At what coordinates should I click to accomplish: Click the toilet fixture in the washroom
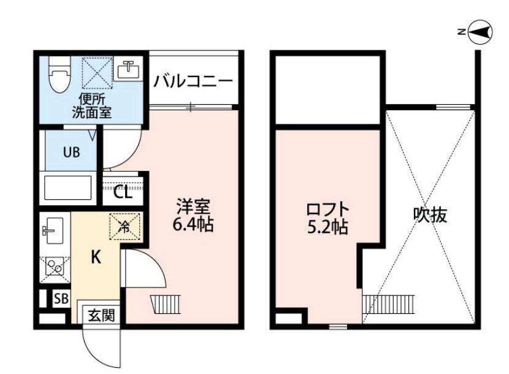pos(59,75)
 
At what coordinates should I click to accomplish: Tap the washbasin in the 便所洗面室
pos(129,69)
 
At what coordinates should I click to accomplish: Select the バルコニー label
pos(193,82)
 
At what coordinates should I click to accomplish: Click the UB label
pos(71,151)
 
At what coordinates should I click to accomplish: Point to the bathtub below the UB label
pos(67,188)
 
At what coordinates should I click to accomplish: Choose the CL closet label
pos(123,193)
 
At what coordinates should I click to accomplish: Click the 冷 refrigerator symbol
pos(124,227)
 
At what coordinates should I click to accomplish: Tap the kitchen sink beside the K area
pos(53,231)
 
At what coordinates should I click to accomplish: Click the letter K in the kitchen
pos(96,258)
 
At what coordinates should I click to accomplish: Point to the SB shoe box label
pos(61,299)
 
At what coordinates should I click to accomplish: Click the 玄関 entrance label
pos(102,315)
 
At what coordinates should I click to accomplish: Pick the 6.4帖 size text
pos(193,224)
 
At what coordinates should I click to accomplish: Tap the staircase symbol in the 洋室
pos(166,304)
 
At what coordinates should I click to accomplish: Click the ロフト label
pos(327,210)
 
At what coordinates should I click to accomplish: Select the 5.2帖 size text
pos(327,227)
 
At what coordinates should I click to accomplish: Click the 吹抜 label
pos(430,215)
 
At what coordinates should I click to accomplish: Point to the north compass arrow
pos(481,32)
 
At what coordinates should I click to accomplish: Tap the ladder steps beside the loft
pos(388,304)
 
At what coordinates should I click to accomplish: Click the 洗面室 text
pos(92,112)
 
